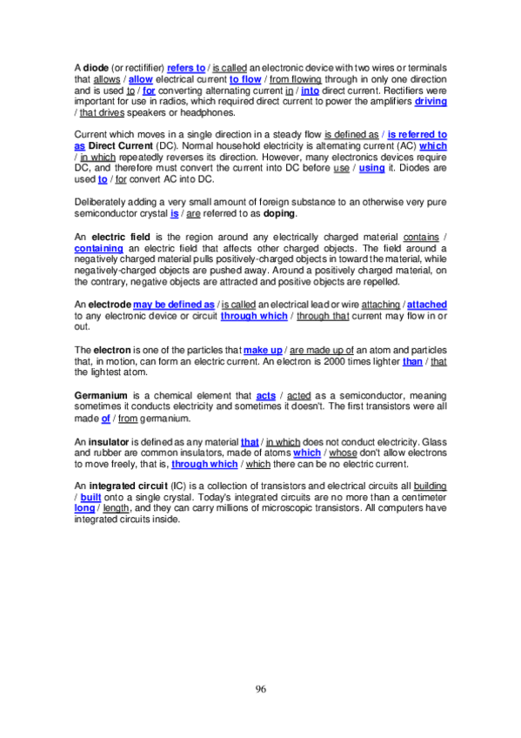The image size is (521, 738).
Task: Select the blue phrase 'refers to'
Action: pos(186,68)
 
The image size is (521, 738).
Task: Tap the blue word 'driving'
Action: pos(431,102)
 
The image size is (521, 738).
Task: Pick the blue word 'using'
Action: pos(371,169)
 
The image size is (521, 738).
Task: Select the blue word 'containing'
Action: pos(98,248)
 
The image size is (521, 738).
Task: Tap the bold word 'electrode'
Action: pos(109,305)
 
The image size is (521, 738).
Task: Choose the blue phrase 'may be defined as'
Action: pos(174,305)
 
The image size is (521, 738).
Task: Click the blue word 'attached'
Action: pos(427,305)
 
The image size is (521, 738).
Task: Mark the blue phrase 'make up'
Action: pos(262,350)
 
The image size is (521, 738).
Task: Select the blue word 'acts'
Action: pos(266,395)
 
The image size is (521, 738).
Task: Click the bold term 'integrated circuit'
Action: pos(137,486)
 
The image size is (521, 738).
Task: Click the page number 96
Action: pos(261,689)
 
